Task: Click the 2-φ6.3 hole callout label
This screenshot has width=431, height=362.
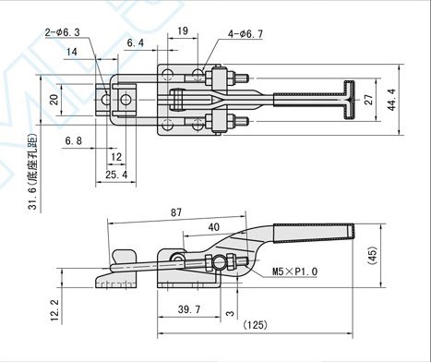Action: click(63, 32)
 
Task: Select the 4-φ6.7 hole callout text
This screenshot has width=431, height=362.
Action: click(245, 34)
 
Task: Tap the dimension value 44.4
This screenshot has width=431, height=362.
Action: click(392, 100)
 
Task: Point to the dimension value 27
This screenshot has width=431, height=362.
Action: click(369, 100)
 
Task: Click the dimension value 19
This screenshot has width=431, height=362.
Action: click(183, 30)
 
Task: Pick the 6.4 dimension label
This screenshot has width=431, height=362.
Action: click(136, 42)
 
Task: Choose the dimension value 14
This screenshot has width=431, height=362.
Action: click(72, 52)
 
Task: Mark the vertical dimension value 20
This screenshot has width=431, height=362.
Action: click(54, 100)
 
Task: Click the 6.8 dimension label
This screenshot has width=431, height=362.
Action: click(74, 141)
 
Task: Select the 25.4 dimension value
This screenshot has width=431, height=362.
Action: click(116, 175)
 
